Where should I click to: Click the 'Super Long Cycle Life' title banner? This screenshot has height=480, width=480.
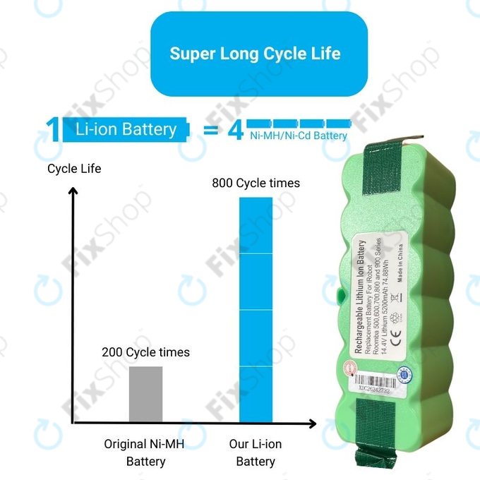pyautogui.click(x=255, y=54)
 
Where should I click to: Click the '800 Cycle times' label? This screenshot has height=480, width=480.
pyautogui.click(x=256, y=184)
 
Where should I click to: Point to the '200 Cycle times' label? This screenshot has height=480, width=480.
pyautogui.click(x=145, y=352)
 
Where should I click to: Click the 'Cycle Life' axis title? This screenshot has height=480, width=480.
pyautogui.click(x=74, y=169)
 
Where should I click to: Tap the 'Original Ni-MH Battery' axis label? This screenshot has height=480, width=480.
pyautogui.click(x=145, y=453)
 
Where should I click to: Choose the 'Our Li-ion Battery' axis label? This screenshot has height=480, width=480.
pyautogui.click(x=256, y=453)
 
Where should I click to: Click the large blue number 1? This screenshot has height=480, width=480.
pyautogui.click(x=52, y=131)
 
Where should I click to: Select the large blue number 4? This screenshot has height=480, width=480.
pyautogui.click(x=235, y=131)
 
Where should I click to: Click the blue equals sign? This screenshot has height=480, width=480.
pyautogui.click(x=210, y=131)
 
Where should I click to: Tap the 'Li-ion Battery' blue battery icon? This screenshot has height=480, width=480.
pyautogui.click(x=126, y=130)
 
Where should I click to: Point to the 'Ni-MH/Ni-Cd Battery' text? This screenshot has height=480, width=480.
pyautogui.click(x=299, y=136)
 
